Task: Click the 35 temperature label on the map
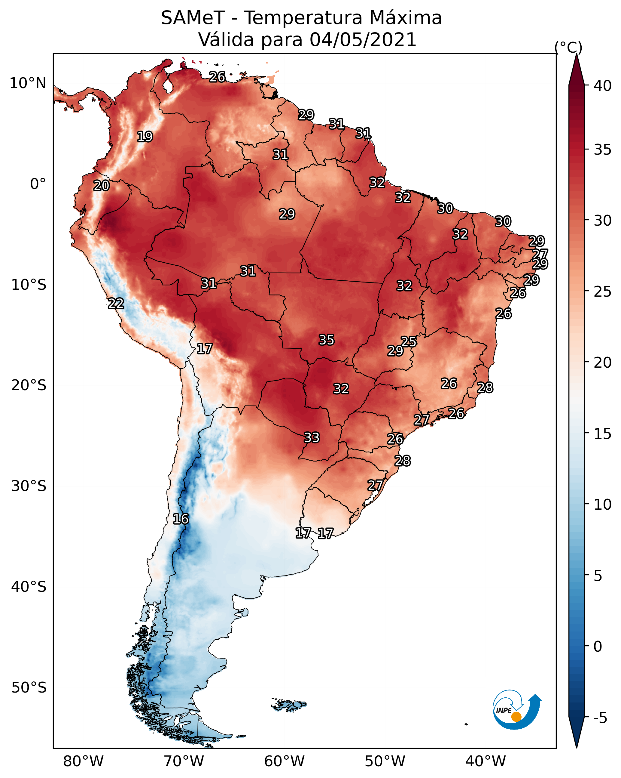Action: (x=327, y=340)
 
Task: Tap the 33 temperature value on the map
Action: (x=312, y=438)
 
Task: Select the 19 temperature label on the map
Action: (x=145, y=137)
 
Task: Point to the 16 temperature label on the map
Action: (x=181, y=519)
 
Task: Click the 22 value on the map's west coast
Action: (x=116, y=304)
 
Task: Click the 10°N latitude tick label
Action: (x=28, y=83)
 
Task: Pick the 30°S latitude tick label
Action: (x=29, y=486)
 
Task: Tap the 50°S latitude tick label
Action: (x=29, y=688)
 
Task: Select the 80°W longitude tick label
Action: (x=83, y=761)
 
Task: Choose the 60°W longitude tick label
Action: (x=285, y=761)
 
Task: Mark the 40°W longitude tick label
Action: (x=486, y=761)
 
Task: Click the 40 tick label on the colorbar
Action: (x=603, y=86)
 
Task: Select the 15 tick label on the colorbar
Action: (x=603, y=434)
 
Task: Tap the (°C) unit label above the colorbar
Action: (x=568, y=47)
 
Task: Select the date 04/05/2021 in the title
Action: (x=363, y=39)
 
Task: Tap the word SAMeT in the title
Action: (x=193, y=18)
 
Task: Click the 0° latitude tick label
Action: (x=38, y=184)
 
